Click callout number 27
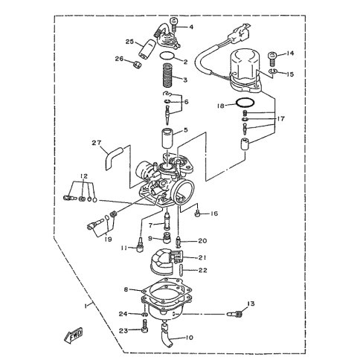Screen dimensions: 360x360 click(97, 143)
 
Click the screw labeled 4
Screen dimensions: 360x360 click(174, 25)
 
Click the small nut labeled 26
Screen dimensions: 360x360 click(137, 65)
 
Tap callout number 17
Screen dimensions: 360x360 click(281, 119)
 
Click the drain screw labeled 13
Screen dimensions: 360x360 click(234, 314)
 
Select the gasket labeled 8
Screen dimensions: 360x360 click(167, 288)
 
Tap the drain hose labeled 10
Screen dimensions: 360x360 click(167, 336)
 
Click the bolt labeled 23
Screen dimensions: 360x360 click(145, 326)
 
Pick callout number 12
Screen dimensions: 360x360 click(84, 176)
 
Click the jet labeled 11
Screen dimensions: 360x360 click(140, 245)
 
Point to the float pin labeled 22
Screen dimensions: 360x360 click(181, 270)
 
